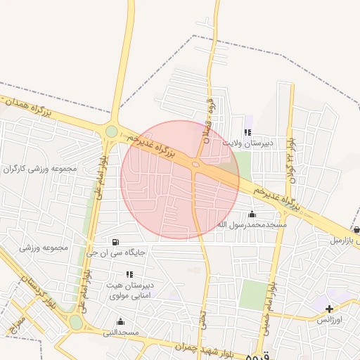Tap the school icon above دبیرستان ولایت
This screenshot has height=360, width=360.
click(247, 131)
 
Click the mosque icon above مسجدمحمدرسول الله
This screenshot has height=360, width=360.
click(252, 214)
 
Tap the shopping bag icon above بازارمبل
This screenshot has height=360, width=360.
click(356, 229)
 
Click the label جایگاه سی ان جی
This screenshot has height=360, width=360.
click(116, 252)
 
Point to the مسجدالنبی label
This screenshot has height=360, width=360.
click(122, 332)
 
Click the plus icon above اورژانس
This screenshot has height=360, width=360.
click(329, 309)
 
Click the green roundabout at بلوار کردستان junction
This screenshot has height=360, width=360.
click(76, 322)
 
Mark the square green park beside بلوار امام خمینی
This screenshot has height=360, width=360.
click(251, 295)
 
